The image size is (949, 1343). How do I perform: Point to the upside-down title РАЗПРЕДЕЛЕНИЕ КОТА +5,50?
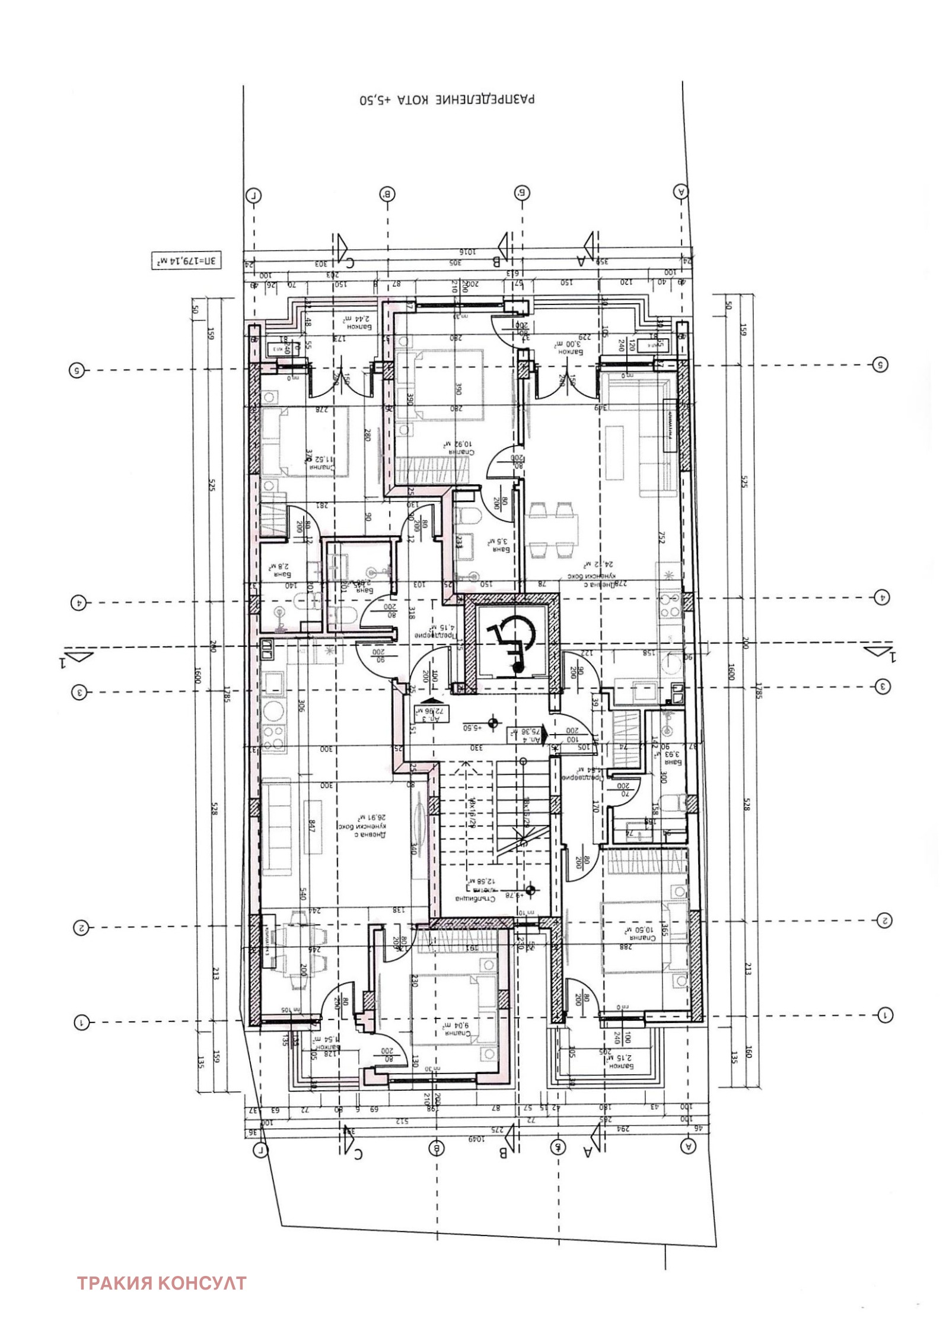pos(447,99)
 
